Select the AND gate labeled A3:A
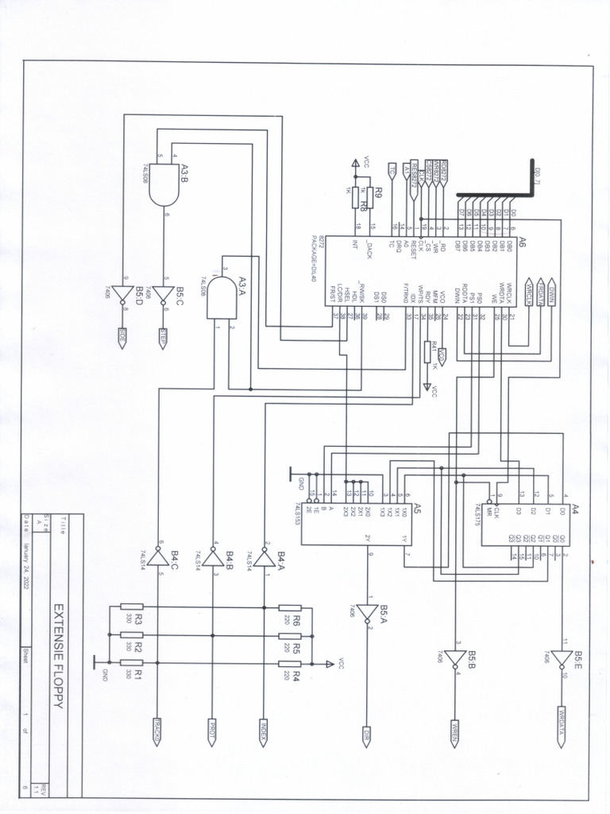[222, 299]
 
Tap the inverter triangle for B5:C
[164, 296]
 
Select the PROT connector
[212, 732]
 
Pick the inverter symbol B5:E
[562, 659]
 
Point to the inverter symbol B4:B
[212, 560]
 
